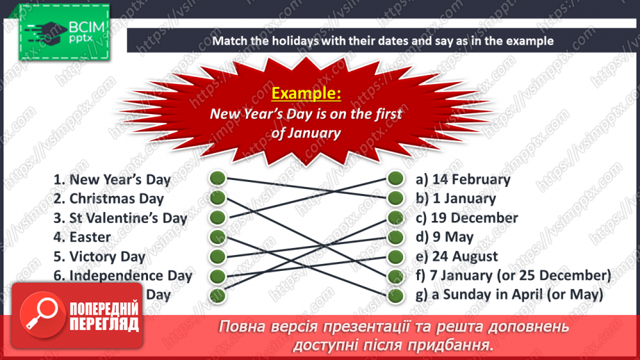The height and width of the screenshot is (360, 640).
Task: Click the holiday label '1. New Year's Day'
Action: pos(112,179)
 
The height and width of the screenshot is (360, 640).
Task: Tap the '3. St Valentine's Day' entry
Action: pos(120,218)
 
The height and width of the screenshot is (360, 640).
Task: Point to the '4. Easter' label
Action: pos(82,237)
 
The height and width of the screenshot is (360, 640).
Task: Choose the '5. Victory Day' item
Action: pos(99,256)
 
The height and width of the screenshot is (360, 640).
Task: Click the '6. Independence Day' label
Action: pos(122,276)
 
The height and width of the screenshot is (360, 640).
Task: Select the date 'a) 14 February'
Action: pos(463,179)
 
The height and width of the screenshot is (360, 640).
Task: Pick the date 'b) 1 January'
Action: pos(456,199)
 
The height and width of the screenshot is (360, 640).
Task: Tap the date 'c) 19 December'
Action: pos(467,218)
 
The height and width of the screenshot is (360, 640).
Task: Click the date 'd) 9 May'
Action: pos(445,237)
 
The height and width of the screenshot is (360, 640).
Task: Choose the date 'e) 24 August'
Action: pos(457,256)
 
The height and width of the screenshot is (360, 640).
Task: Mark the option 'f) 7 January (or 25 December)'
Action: pos(514,276)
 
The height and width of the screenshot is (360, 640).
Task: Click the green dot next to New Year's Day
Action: pos(218,179)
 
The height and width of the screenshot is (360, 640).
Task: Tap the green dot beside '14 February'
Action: pos(396,179)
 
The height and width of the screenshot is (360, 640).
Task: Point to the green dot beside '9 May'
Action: pos(396,237)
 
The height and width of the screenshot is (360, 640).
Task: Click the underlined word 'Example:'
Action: pos(306,93)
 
